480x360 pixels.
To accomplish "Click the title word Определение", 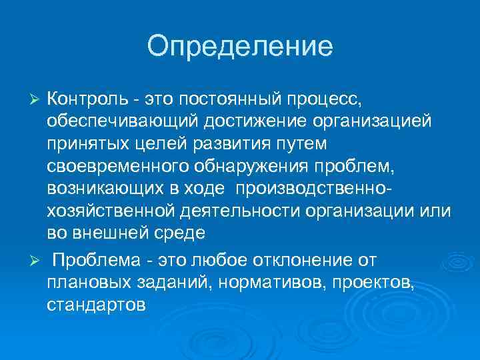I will coord(240,46).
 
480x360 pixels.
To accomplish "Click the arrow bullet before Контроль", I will coord(37,99).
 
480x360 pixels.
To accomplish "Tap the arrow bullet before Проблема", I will coord(37,258).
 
